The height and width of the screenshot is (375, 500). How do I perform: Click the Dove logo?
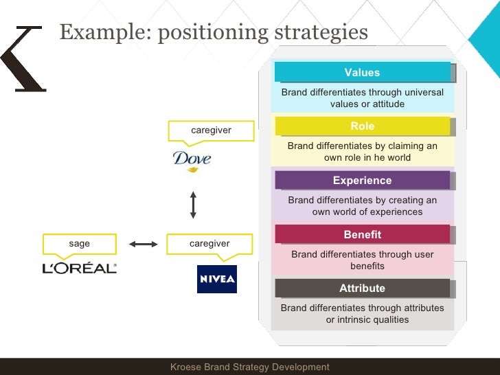(x=192, y=161)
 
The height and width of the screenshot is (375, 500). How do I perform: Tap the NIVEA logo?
(x=217, y=279)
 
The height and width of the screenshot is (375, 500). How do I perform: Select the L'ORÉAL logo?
(x=79, y=268)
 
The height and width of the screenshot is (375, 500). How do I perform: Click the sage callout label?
(x=79, y=243)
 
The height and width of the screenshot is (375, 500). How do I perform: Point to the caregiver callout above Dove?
(x=210, y=130)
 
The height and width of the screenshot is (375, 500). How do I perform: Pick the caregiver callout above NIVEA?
(x=209, y=243)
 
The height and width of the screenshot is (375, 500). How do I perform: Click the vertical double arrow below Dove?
(x=193, y=205)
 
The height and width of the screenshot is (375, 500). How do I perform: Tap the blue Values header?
(x=362, y=72)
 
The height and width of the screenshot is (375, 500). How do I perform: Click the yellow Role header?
(x=362, y=126)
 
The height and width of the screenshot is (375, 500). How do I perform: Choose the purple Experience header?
(x=362, y=181)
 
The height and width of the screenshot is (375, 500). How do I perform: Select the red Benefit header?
(x=362, y=234)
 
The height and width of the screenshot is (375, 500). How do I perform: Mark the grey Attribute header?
(x=362, y=288)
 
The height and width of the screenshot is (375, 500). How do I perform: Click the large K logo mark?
(x=23, y=59)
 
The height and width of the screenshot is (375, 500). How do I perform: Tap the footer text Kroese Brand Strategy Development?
(x=250, y=367)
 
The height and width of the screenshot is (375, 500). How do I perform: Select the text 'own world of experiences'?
(x=367, y=212)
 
